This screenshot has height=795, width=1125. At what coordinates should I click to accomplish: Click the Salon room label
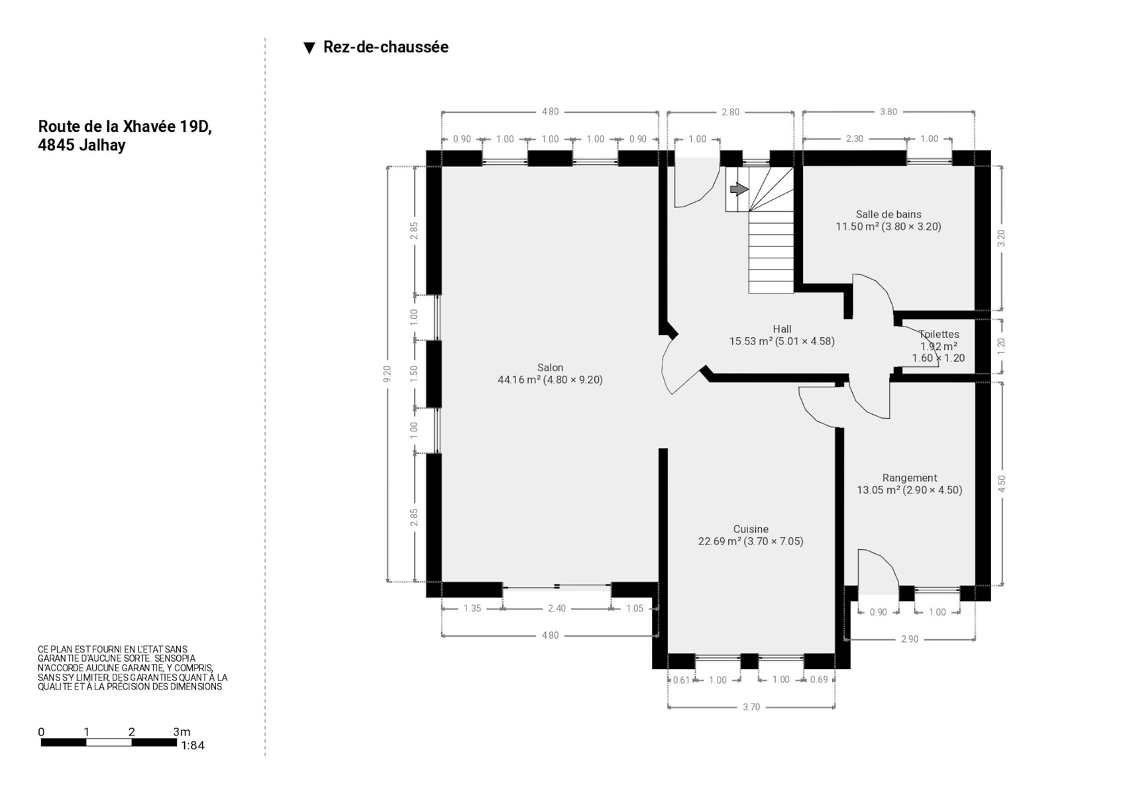tap(550, 368)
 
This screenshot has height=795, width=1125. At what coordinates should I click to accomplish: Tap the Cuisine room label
tap(751, 529)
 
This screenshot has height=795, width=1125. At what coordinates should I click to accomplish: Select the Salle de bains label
tap(888, 215)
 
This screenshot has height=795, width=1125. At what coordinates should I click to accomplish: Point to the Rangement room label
tap(910, 478)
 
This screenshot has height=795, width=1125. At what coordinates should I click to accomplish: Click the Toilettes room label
tap(939, 334)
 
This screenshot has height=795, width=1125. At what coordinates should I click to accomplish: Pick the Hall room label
tap(782, 329)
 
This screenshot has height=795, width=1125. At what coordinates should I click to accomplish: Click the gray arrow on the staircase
tap(739, 189)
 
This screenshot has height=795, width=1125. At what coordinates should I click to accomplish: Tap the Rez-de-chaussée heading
tap(386, 47)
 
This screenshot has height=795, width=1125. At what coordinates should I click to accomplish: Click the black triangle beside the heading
tap(309, 48)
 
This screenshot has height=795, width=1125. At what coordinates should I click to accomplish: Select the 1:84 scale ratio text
tap(193, 745)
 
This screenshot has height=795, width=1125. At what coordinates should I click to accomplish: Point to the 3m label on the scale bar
tap(182, 731)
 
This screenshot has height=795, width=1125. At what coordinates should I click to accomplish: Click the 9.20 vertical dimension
tap(387, 374)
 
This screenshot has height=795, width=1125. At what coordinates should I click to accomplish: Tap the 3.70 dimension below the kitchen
tap(751, 707)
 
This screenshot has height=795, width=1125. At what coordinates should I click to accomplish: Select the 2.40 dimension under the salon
tap(557, 608)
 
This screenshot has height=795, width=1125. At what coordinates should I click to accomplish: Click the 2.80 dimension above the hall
tap(730, 112)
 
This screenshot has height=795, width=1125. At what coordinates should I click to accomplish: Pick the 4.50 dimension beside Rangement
tap(1002, 484)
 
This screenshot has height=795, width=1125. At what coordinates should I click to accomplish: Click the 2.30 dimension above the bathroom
tap(854, 138)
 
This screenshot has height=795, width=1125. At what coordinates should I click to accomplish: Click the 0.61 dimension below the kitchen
tap(682, 680)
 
